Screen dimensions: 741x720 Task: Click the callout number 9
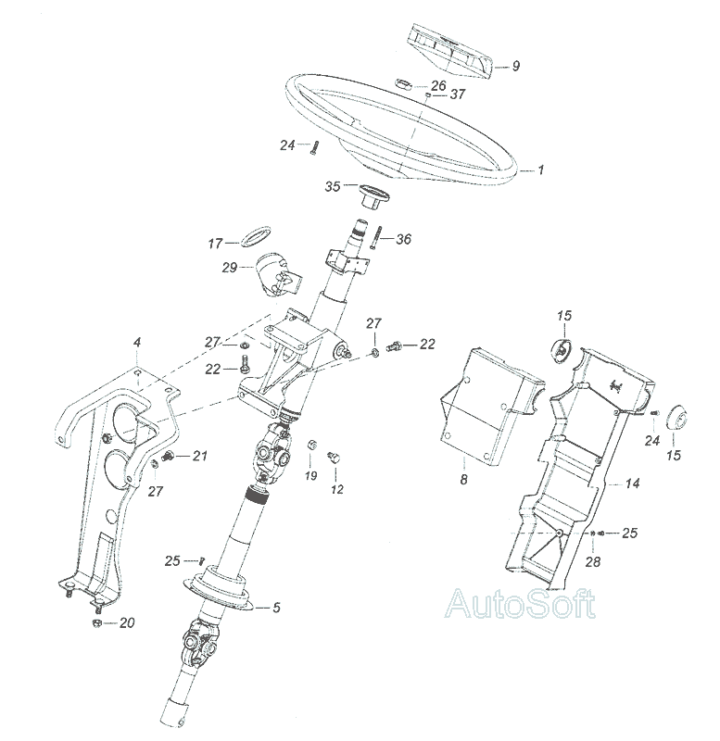pos(517,66)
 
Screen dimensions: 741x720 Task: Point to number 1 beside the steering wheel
pos(542,170)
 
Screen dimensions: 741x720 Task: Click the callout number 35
pos(333,186)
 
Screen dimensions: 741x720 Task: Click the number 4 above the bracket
pos(137,343)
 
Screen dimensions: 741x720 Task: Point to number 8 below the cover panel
pos(463,479)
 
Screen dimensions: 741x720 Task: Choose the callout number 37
pos(458,94)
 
